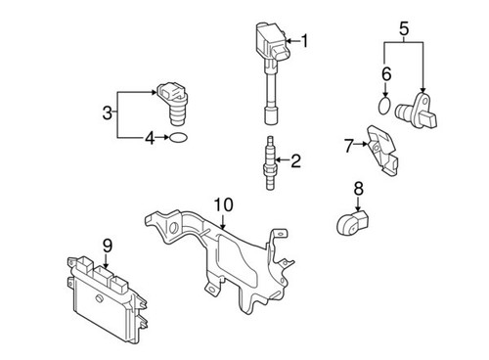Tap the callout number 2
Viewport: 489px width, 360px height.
click(x=295, y=160)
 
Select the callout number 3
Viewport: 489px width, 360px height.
click(x=108, y=115)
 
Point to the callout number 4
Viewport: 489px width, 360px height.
click(x=151, y=139)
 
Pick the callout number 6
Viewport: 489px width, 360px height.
click(x=386, y=73)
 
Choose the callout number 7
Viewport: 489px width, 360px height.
click(x=348, y=146)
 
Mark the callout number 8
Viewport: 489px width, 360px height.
click(x=358, y=187)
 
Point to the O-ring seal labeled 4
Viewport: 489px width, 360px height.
click(x=176, y=139)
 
